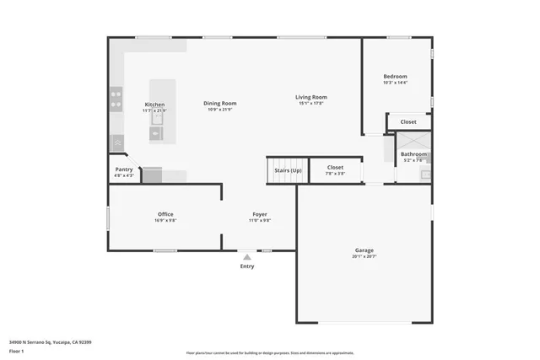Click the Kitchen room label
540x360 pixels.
point(154,105)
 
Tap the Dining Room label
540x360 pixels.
point(219,103)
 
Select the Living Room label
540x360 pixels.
point(310,97)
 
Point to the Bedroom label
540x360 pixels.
point(395,76)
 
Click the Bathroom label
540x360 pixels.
point(413,154)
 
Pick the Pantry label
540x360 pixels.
point(123,169)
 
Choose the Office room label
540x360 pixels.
point(165,214)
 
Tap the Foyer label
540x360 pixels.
point(260,214)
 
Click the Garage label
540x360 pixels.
point(364,250)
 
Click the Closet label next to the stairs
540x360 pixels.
point(335,167)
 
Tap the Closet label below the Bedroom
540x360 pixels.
point(408,121)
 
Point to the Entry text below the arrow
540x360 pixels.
point(246,266)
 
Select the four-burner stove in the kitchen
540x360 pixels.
point(116,100)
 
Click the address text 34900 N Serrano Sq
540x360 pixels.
point(51,342)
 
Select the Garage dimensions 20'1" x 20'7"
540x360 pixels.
point(364,256)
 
